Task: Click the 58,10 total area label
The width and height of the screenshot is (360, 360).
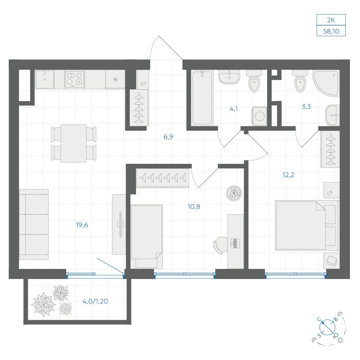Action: coord(331,31)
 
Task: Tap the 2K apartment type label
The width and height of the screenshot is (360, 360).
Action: coord(331,20)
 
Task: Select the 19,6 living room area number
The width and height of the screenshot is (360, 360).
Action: coord(82,225)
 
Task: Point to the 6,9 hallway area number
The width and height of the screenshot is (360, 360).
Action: coord(168,137)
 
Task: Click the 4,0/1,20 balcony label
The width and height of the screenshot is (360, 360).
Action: coord(95,301)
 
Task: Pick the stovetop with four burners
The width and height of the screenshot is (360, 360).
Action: coord(75,80)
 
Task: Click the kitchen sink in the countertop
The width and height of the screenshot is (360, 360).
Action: coord(45,79)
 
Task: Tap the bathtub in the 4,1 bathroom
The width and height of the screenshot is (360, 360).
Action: coord(202,98)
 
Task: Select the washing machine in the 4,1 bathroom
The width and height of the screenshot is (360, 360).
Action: coord(260,116)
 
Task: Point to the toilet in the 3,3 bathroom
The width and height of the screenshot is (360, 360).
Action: coord(300,81)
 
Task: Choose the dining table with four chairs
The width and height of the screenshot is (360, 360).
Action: coord(74,144)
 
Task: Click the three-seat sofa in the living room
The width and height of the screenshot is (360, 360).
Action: coord(34,225)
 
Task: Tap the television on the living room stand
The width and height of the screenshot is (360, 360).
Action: coord(121,224)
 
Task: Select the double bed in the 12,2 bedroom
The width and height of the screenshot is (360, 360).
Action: coord(306,225)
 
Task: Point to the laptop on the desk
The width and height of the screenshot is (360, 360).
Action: coord(235,243)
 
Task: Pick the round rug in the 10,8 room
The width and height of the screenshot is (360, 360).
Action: coord(234,193)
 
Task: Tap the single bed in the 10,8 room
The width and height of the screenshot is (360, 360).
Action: coord(147,237)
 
